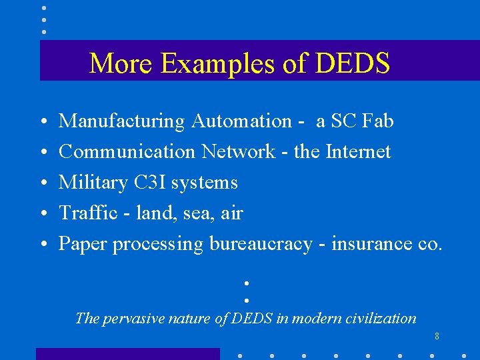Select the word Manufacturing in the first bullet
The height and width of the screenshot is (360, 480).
(x=121, y=121)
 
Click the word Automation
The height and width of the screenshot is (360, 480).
(x=241, y=121)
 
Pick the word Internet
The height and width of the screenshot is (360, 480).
(x=358, y=152)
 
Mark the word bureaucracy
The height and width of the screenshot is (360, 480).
(x=261, y=244)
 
